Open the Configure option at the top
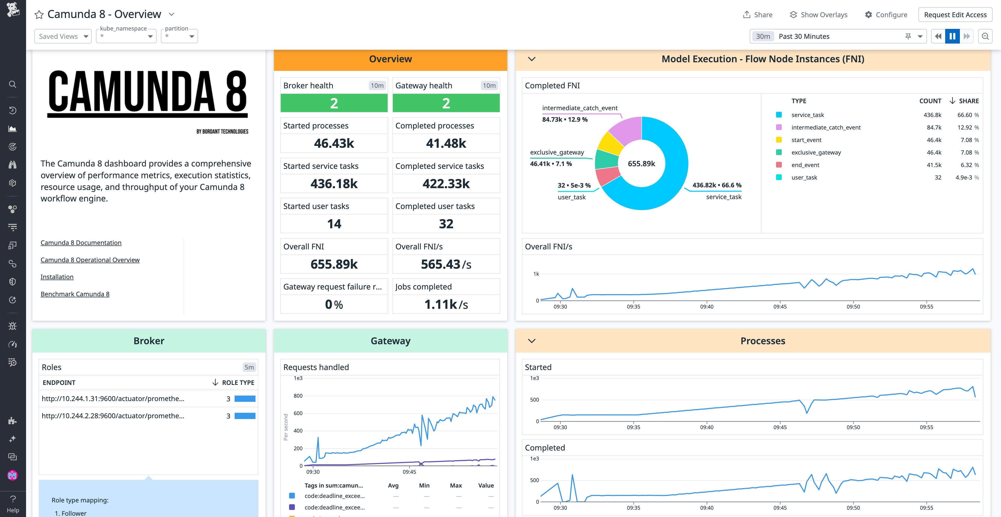[886, 15]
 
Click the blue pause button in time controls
[952, 36]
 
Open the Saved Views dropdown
[63, 36]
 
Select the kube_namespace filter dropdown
[126, 36]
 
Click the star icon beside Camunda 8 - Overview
[39, 15]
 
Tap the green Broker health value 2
[334, 103]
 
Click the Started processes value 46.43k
[334, 143]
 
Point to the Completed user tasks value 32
[446, 224]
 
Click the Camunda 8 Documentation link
[81, 243]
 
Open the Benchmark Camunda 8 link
[75, 294]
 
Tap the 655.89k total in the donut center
[641, 164]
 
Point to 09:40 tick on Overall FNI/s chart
[706, 306]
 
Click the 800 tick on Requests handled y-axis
[298, 396]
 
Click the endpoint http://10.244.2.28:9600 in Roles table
[113, 416]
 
